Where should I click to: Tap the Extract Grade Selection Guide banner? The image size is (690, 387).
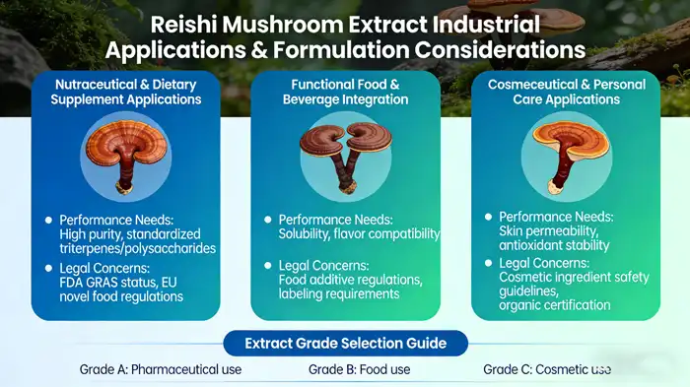344,344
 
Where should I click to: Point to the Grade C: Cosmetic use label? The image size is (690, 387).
547,370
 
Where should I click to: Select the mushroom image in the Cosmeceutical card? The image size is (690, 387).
565,147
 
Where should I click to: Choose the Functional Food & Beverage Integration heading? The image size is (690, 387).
344,94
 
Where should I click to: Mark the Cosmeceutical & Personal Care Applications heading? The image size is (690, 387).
565,94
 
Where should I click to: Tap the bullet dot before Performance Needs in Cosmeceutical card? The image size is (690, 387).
488,216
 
